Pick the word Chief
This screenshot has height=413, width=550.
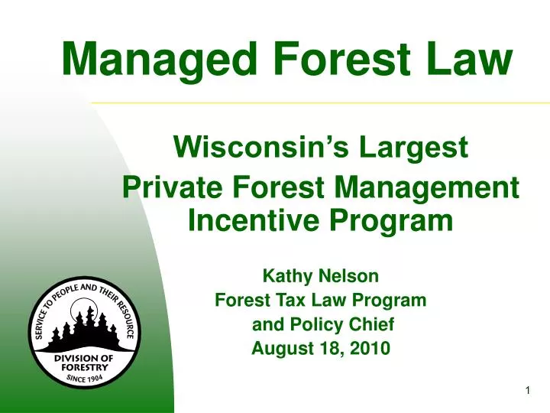pos(371,324)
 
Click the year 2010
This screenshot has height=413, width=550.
pos(371,350)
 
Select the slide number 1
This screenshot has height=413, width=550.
pos(528,392)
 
